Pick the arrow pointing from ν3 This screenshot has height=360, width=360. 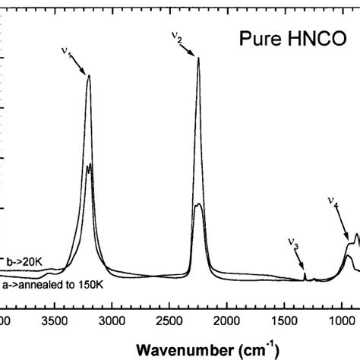(299, 260)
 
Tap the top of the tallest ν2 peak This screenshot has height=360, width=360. (198, 58)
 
